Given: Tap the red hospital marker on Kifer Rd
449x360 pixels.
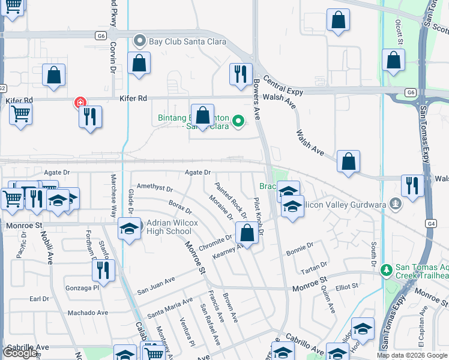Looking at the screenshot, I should tap(79, 103).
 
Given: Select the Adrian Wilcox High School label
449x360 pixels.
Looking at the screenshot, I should tap(169, 227).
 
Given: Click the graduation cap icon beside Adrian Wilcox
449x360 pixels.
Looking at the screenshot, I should tap(130, 229).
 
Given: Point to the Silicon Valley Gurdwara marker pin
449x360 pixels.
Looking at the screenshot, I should tap(395, 204).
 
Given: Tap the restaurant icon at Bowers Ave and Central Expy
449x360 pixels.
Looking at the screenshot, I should tap(241, 74).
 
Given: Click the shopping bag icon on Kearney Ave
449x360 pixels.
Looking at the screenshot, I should tap(247, 232).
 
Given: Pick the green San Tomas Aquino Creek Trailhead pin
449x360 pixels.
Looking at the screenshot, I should tap(387, 271).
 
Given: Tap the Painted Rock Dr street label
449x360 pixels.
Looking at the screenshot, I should tap(231, 200).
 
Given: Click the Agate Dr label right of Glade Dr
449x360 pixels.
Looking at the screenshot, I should tap(197, 173).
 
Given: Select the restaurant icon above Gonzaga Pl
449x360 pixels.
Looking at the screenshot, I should tap(103, 270).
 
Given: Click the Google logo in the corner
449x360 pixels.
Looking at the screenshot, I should tap(20, 353).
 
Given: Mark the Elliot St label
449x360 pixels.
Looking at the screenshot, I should tap(346, 287).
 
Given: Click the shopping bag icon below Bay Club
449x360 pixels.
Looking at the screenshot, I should tap(139, 63).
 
